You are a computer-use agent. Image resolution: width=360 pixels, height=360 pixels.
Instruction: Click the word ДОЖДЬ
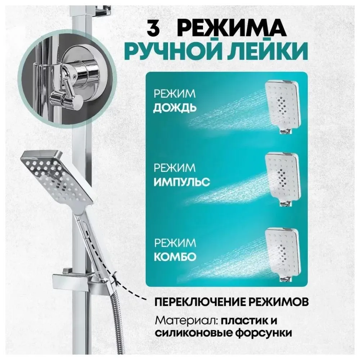pos(175,108)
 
